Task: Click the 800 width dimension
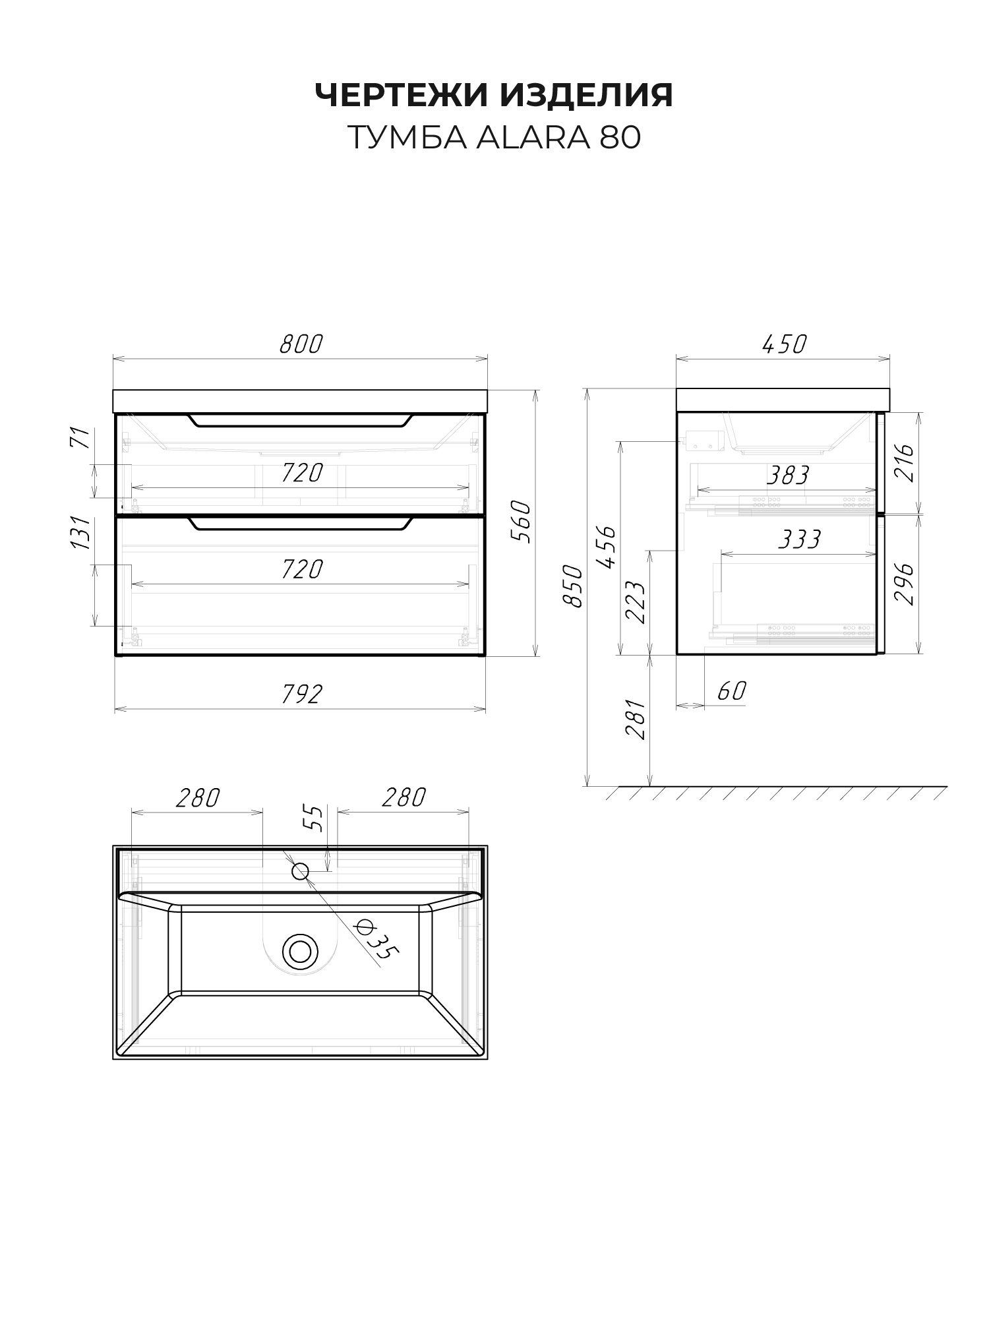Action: click(x=301, y=344)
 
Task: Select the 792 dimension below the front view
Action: click(x=301, y=694)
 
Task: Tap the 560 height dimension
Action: click(x=521, y=521)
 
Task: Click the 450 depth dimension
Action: click(x=784, y=344)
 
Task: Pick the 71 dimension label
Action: click(x=79, y=438)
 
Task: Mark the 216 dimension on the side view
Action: click(x=908, y=463)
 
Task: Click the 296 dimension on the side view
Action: click(x=908, y=583)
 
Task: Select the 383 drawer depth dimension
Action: click(x=789, y=475)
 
